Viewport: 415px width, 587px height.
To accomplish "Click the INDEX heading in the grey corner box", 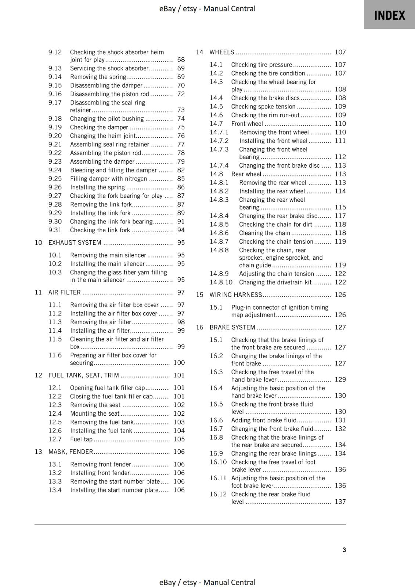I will pyautogui.click(x=389, y=15).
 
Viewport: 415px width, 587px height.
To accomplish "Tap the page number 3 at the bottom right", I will pyautogui.click(x=344, y=550).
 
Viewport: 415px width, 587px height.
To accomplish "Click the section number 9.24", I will pyautogui.click(x=55, y=170).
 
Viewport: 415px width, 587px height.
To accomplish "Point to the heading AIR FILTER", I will pyautogui.click(x=65, y=292).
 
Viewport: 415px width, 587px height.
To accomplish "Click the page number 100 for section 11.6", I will pyautogui.click(x=179, y=362).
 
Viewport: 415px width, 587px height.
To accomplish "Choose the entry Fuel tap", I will pyautogui.click(x=81, y=439).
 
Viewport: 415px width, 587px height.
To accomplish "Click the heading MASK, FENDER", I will pyautogui.click(x=71, y=452).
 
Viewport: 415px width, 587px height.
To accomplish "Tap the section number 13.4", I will pyautogui.click(x=55, y=490).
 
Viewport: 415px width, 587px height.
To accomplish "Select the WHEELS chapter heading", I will pyautogui.click(x=221, y=52).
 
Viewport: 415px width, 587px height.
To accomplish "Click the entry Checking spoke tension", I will pyautogui.click(x=263, y=106).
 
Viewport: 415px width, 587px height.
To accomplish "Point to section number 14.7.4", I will pyautogui.click(x=219, y=165).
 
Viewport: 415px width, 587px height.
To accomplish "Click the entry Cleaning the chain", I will pyautogui.click(x=264, y=233).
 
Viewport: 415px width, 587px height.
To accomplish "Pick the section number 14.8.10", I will pyautogui.click(x=221, y=282).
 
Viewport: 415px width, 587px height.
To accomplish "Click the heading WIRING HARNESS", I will pyautogui.click(x=235, y=295).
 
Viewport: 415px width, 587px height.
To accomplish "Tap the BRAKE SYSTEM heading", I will pyautogui.click(x=232, y=327).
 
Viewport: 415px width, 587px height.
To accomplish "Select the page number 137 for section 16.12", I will pyautogui.click(x=340, y=502).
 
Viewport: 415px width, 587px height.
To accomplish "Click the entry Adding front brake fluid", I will pyautogui.click(x=264, y=420).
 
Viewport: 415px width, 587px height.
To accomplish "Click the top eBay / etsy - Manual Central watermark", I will pyautogui.click(x=207, y=8).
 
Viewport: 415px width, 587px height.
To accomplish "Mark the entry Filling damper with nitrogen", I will pyautogui.click(x=108, y=179).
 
